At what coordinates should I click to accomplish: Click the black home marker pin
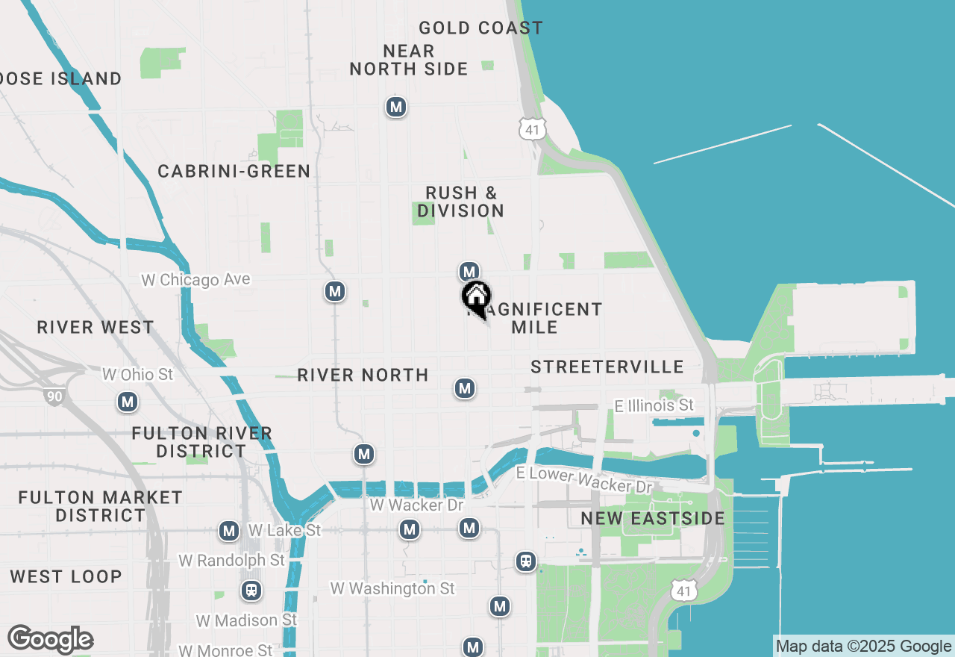pos(476,297)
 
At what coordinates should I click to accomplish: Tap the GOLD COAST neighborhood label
pos(480,28)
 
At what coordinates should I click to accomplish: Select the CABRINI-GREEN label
pos(234,172)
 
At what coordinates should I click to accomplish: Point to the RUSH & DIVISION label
pos(461,202)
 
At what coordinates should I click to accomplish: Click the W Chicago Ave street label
pos(196,280)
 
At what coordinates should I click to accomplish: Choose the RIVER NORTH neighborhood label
pos(363,375)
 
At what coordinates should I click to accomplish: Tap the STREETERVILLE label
pos(607,367)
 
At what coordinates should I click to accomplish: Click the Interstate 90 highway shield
pos(54,396)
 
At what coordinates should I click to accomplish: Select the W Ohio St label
pos(137,374)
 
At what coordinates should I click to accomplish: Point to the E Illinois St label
pos(654,405)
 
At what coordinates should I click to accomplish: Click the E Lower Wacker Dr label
pos(585,479)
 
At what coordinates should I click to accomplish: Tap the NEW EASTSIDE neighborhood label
pos(653,518)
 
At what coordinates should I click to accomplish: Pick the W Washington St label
pos(392,588)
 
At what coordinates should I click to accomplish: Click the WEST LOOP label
pos(66,576)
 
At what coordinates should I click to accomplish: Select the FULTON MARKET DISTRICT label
pos(100,506)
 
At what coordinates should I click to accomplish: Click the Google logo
pos(50,640)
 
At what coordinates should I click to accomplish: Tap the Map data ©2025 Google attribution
pos(863,647)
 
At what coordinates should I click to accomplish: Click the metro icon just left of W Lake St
pos(229,532)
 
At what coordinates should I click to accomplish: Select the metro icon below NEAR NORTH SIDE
pos(396,108)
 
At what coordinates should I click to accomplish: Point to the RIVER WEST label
pos(95,327)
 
